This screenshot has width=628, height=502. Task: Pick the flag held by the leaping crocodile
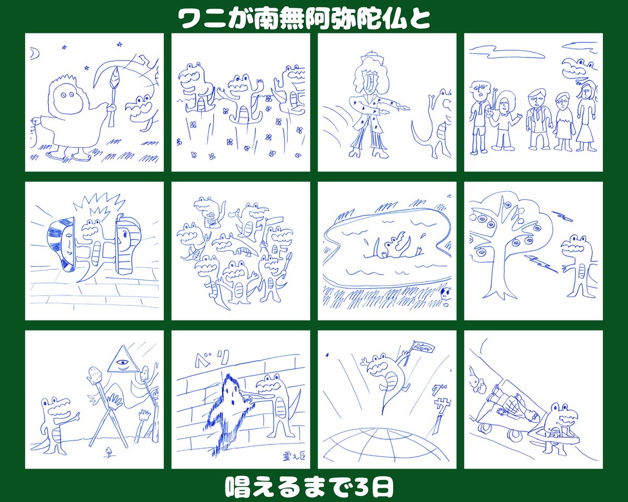(423, 347)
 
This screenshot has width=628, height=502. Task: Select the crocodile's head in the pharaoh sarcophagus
(94, 228)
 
